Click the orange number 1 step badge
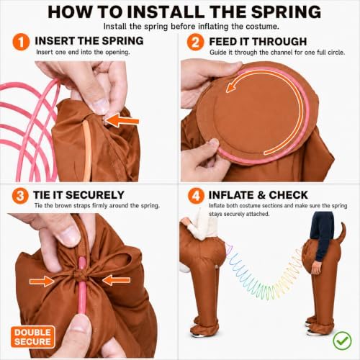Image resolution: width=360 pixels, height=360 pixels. point(21,42)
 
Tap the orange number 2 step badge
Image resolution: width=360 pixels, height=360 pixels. point(195,42)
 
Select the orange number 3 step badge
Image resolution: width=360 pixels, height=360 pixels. point(20,196)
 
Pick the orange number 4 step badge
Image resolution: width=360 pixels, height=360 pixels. point(196,196)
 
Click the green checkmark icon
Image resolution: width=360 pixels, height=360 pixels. point(343,341)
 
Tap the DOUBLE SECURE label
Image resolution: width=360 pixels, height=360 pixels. point(32,337)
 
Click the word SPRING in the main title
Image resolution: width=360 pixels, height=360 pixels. point(286,12)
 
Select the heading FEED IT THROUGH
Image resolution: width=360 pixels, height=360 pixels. point(258,42)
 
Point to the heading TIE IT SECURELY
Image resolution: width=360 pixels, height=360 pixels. point(78,195)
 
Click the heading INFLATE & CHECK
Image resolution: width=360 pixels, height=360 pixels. point(258,195)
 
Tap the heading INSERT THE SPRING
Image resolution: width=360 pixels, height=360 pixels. point(89,41)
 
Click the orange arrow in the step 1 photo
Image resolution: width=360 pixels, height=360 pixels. point(122,120)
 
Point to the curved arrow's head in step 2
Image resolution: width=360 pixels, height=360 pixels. point(231,86)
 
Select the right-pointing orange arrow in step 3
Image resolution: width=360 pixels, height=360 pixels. point(42,281)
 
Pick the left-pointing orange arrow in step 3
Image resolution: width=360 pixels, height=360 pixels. point(117,280)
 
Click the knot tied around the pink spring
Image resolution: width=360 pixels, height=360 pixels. point(81,276)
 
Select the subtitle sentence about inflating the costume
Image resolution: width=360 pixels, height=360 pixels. point(192,26)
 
